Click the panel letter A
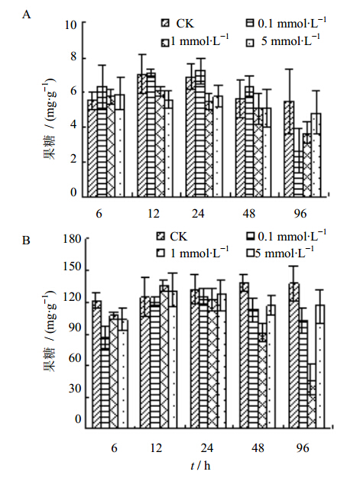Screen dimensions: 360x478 (27, 15)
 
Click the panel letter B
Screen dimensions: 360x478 (26, 241)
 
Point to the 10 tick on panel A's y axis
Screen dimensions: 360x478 (71, 24)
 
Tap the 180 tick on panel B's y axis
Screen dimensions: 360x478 (72, 239)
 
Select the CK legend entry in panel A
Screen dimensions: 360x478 (178, 24)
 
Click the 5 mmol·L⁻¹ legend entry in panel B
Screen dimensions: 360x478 (281, 252)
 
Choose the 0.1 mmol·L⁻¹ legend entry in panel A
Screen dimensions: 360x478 (286, 23)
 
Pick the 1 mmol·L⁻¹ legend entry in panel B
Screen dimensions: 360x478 (193, 252)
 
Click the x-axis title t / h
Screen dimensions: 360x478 (200, 466)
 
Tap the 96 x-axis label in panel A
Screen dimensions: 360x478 (300, 214)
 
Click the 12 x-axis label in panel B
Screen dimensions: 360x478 (156, 447)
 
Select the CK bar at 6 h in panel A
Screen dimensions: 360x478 (92, 148)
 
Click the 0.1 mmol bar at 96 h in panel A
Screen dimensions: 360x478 (299, 174)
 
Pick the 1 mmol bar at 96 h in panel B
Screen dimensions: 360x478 (312, 404)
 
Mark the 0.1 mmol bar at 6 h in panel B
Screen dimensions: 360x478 (105, 383)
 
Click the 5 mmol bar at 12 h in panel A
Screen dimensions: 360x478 (168, 148)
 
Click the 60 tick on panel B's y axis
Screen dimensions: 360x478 (75, 359)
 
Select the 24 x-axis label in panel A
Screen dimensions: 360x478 (198, 214)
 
